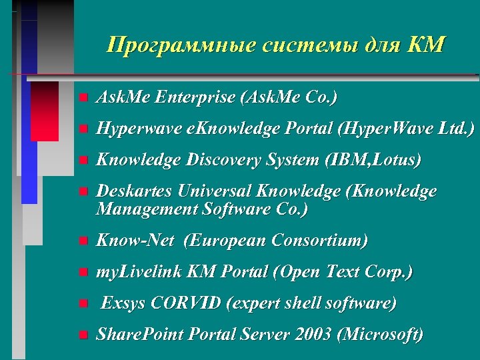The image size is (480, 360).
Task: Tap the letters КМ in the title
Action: tap(425, 45)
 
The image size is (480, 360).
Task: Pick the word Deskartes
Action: tap(131, 192)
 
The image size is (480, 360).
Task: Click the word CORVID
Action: tap(187, 304)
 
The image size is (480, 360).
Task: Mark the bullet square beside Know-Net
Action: tap(82, 241)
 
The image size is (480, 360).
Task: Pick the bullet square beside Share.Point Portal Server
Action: tap(82, 336)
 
